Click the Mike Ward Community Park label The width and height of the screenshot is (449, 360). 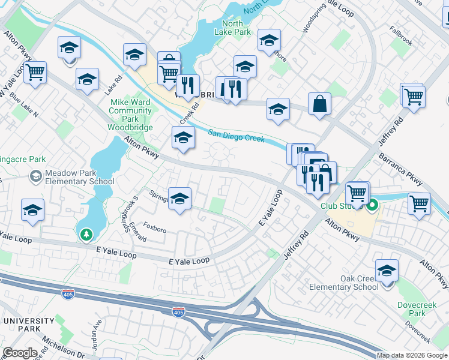pos(130,115)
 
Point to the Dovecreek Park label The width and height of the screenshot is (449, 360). pos(419,309)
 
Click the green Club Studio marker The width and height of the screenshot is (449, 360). pos(372,206)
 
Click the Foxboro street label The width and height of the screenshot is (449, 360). pos(155,229)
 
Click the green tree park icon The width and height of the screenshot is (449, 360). pos(87,234)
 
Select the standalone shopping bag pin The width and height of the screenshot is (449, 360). pos(319,104)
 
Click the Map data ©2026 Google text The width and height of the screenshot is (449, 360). pos(411,355)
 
